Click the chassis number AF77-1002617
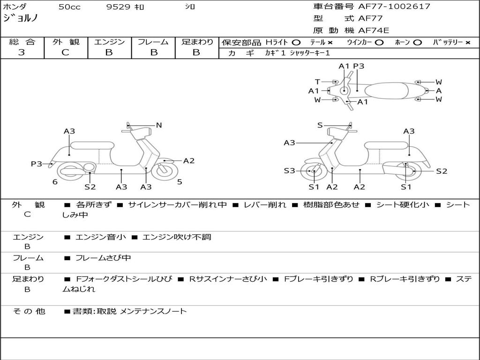pyautogui.click(x=394, y=7)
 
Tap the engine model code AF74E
pyautogui.click(x=374, y=30)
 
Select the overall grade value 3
pyautogui.click(x=22, y=52)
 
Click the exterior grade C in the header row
pyautogui.click(x=65, y=52)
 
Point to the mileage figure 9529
pyautogui.click(x=118, y=7)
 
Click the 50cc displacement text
pyautogui.click(x=69, y=7)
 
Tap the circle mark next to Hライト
pyautogui.click(x=296, y=43)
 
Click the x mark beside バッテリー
pyautogui.click(x=467, y=43)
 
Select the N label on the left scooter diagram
pyautogui.click(x=158, y=125)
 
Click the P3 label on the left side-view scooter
pyautogui.click(x=37, y=164)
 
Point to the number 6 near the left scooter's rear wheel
pyautogui.click(x=55, y=182)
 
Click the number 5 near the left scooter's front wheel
pyautogui.click(x=180, y=182)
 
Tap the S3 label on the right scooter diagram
pyautogui.click(x=289, y=171)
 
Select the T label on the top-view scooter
pyautogui.click(x=317, y=82)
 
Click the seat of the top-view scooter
pyautogui.click(x=386, y=91)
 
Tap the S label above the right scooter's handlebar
pyautogui.click(x=320, y=125)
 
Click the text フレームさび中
pyautogui.click(x=103, y=258)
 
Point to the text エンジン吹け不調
pyautogui.click(x=177, y=237)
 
